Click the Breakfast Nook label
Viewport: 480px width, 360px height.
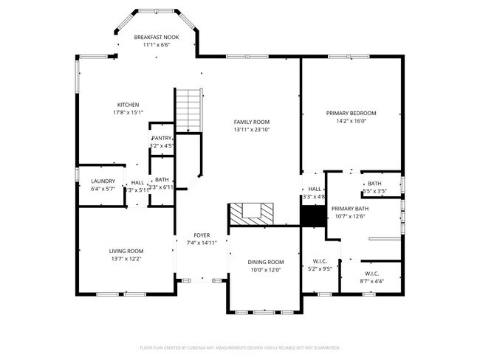tap(155, 37)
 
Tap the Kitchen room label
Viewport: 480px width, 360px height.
tap(128, 105)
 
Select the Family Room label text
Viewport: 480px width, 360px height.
tap(252, 122)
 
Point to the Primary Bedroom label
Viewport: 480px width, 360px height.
tap(351, 113)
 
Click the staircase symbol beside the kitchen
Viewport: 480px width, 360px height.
tap(188, 109)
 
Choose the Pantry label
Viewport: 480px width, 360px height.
tap(162, 138)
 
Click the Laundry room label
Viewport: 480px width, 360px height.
tap(103, 181)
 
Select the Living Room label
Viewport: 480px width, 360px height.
tap(127, 251)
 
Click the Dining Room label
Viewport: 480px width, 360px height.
tap(264, 262)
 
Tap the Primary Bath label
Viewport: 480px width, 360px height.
tap(349, 209)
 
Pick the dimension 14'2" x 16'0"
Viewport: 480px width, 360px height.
tap(351, 121)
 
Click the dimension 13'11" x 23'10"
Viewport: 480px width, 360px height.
tap(252, 130)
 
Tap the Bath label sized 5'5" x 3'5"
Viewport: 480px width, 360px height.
tap(374, 184)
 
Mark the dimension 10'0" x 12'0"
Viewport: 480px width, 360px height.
tap(264, 270)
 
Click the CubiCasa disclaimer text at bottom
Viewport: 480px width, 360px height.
tap(239, 347)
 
